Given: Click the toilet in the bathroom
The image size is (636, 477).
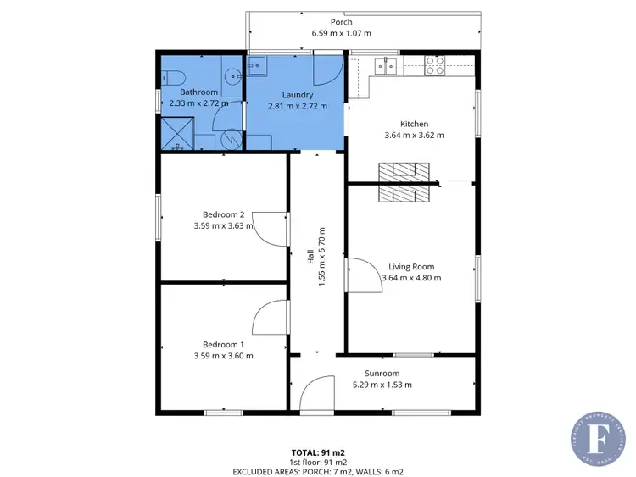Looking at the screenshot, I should pyautogui.click(x=174, y=78).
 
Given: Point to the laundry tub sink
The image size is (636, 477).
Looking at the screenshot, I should pyautogui.click(x=257, y=65).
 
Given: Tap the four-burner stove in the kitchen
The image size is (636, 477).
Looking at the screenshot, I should pyautogui.click(x=435, y=64).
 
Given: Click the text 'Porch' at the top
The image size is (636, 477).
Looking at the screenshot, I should pyautogui.click(x=341, y=22).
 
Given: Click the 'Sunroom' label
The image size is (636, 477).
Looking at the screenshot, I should pyautogui.click(x=382, y=373).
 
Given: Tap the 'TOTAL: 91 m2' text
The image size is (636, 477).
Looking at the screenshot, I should pyautogui.click(x=318, y=452).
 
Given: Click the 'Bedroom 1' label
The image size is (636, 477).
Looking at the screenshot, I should pyautogui.click(x=223, y=344).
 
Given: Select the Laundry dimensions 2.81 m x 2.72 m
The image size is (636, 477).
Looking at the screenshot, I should pyautogui.click(x=297, y=106).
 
